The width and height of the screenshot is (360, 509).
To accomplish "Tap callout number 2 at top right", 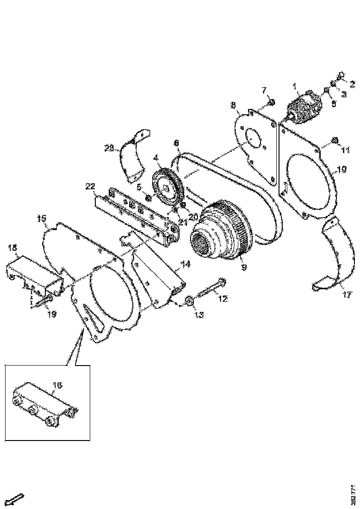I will pyautogui.click(x=352, y=84).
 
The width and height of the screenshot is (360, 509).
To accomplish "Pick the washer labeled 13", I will pyautogui.click(x=189, y=302).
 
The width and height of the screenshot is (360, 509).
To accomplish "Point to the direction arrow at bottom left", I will pyautogui.click(x=16, y=499).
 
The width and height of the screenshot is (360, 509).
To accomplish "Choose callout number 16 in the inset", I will pyautogui.click(x=57, y=385).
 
